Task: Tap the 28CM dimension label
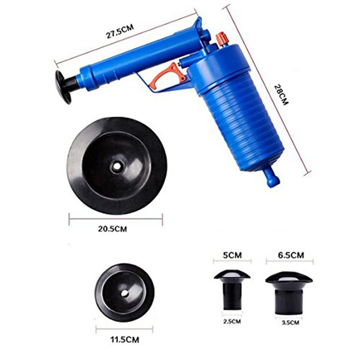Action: (x=282, y=95)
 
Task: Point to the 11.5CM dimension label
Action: (x=124, y=339)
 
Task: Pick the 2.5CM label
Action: (x=232, y=321)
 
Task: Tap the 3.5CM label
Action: (x=290, y=323)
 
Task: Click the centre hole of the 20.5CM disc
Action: (x=116, y=166)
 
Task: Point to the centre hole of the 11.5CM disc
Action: (x=125, y=293)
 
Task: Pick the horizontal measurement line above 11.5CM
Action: (x=124, y=329)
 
